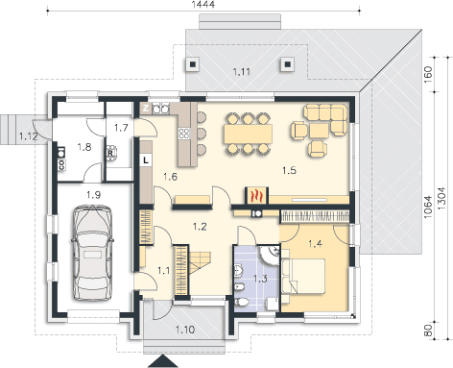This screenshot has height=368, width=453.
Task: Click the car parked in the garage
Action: (x=93, y=253)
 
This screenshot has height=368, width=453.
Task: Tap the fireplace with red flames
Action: (x=256, y=195)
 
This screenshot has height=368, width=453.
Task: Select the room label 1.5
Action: (x=289, y=170)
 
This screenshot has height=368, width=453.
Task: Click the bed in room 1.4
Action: (x=303, y=276)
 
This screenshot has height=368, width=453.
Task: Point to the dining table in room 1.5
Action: (x=248, y=134)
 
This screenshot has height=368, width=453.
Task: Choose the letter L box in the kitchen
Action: (x=146, y=159)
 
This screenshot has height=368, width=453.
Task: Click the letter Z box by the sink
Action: (x=146, y=109)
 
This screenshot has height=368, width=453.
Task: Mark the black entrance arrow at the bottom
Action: (x=163, y=361)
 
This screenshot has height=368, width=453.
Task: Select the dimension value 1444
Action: (x=203, y=4)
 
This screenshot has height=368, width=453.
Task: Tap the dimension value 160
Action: (x=428, y=73)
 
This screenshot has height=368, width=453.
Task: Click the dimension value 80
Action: (x=428, y=331)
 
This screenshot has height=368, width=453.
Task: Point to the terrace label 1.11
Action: (x=242, y=71)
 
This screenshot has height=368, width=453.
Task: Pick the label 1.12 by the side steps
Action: (x=28, y=136)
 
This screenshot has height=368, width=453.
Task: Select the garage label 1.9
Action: (x=93, y=195)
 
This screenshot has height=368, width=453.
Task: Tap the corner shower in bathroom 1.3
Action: (x=269, y=256)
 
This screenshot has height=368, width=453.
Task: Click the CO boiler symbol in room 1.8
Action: (x=61, y=165)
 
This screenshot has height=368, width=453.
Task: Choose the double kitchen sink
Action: (x=160, y=110)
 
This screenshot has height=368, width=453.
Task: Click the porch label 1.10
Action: (x=185, y=330)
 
